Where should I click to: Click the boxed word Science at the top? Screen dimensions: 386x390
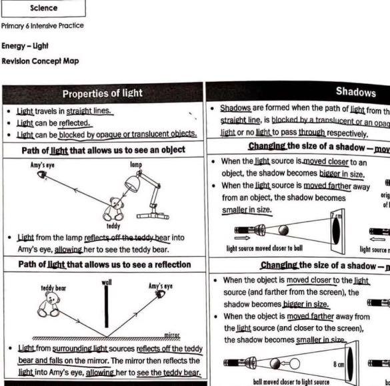click(x=43, y=9)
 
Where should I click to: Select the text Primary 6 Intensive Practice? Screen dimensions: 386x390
click(x=43, y=26)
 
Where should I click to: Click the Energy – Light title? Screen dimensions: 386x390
click(x=25, y=47)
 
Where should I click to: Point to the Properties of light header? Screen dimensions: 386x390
click(x=102, y=93)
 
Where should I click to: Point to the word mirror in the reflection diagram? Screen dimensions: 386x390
click(x=172, y=337)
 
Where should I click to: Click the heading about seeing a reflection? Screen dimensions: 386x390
click(x=103, y=264)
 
